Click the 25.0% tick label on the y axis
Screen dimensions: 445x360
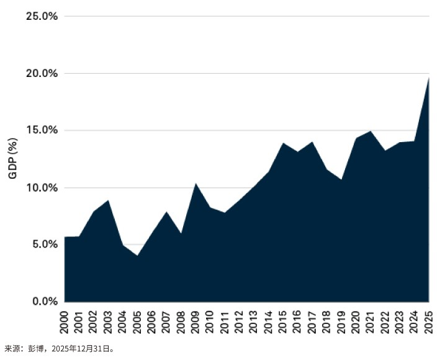[42, 16]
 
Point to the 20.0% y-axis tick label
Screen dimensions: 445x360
[42, 73]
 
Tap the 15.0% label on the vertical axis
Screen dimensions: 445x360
[42, 130]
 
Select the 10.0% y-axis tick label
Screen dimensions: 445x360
[42, 187]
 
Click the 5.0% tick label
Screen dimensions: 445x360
[45, 244]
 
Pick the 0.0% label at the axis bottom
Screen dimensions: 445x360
[45, 301]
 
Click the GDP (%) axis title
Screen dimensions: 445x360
[13, 158]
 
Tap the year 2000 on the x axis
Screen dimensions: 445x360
[64, 322]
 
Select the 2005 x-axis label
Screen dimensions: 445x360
[137, 322]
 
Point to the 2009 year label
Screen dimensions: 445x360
[196, 322]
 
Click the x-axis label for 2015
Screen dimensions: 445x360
[283, 322]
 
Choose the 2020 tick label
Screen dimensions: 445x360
[356, 322]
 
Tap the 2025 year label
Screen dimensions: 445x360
[428, 322]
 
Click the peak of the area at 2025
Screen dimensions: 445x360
[428, 78]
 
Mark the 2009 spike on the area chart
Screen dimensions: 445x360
[196, 183]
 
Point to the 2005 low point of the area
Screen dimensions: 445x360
[137, 256]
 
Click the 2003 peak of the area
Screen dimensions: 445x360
[108, 200]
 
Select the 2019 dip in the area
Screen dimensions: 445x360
[341, 179]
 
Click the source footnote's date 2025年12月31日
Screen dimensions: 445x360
[81, 348]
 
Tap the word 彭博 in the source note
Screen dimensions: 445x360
[35, 348]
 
